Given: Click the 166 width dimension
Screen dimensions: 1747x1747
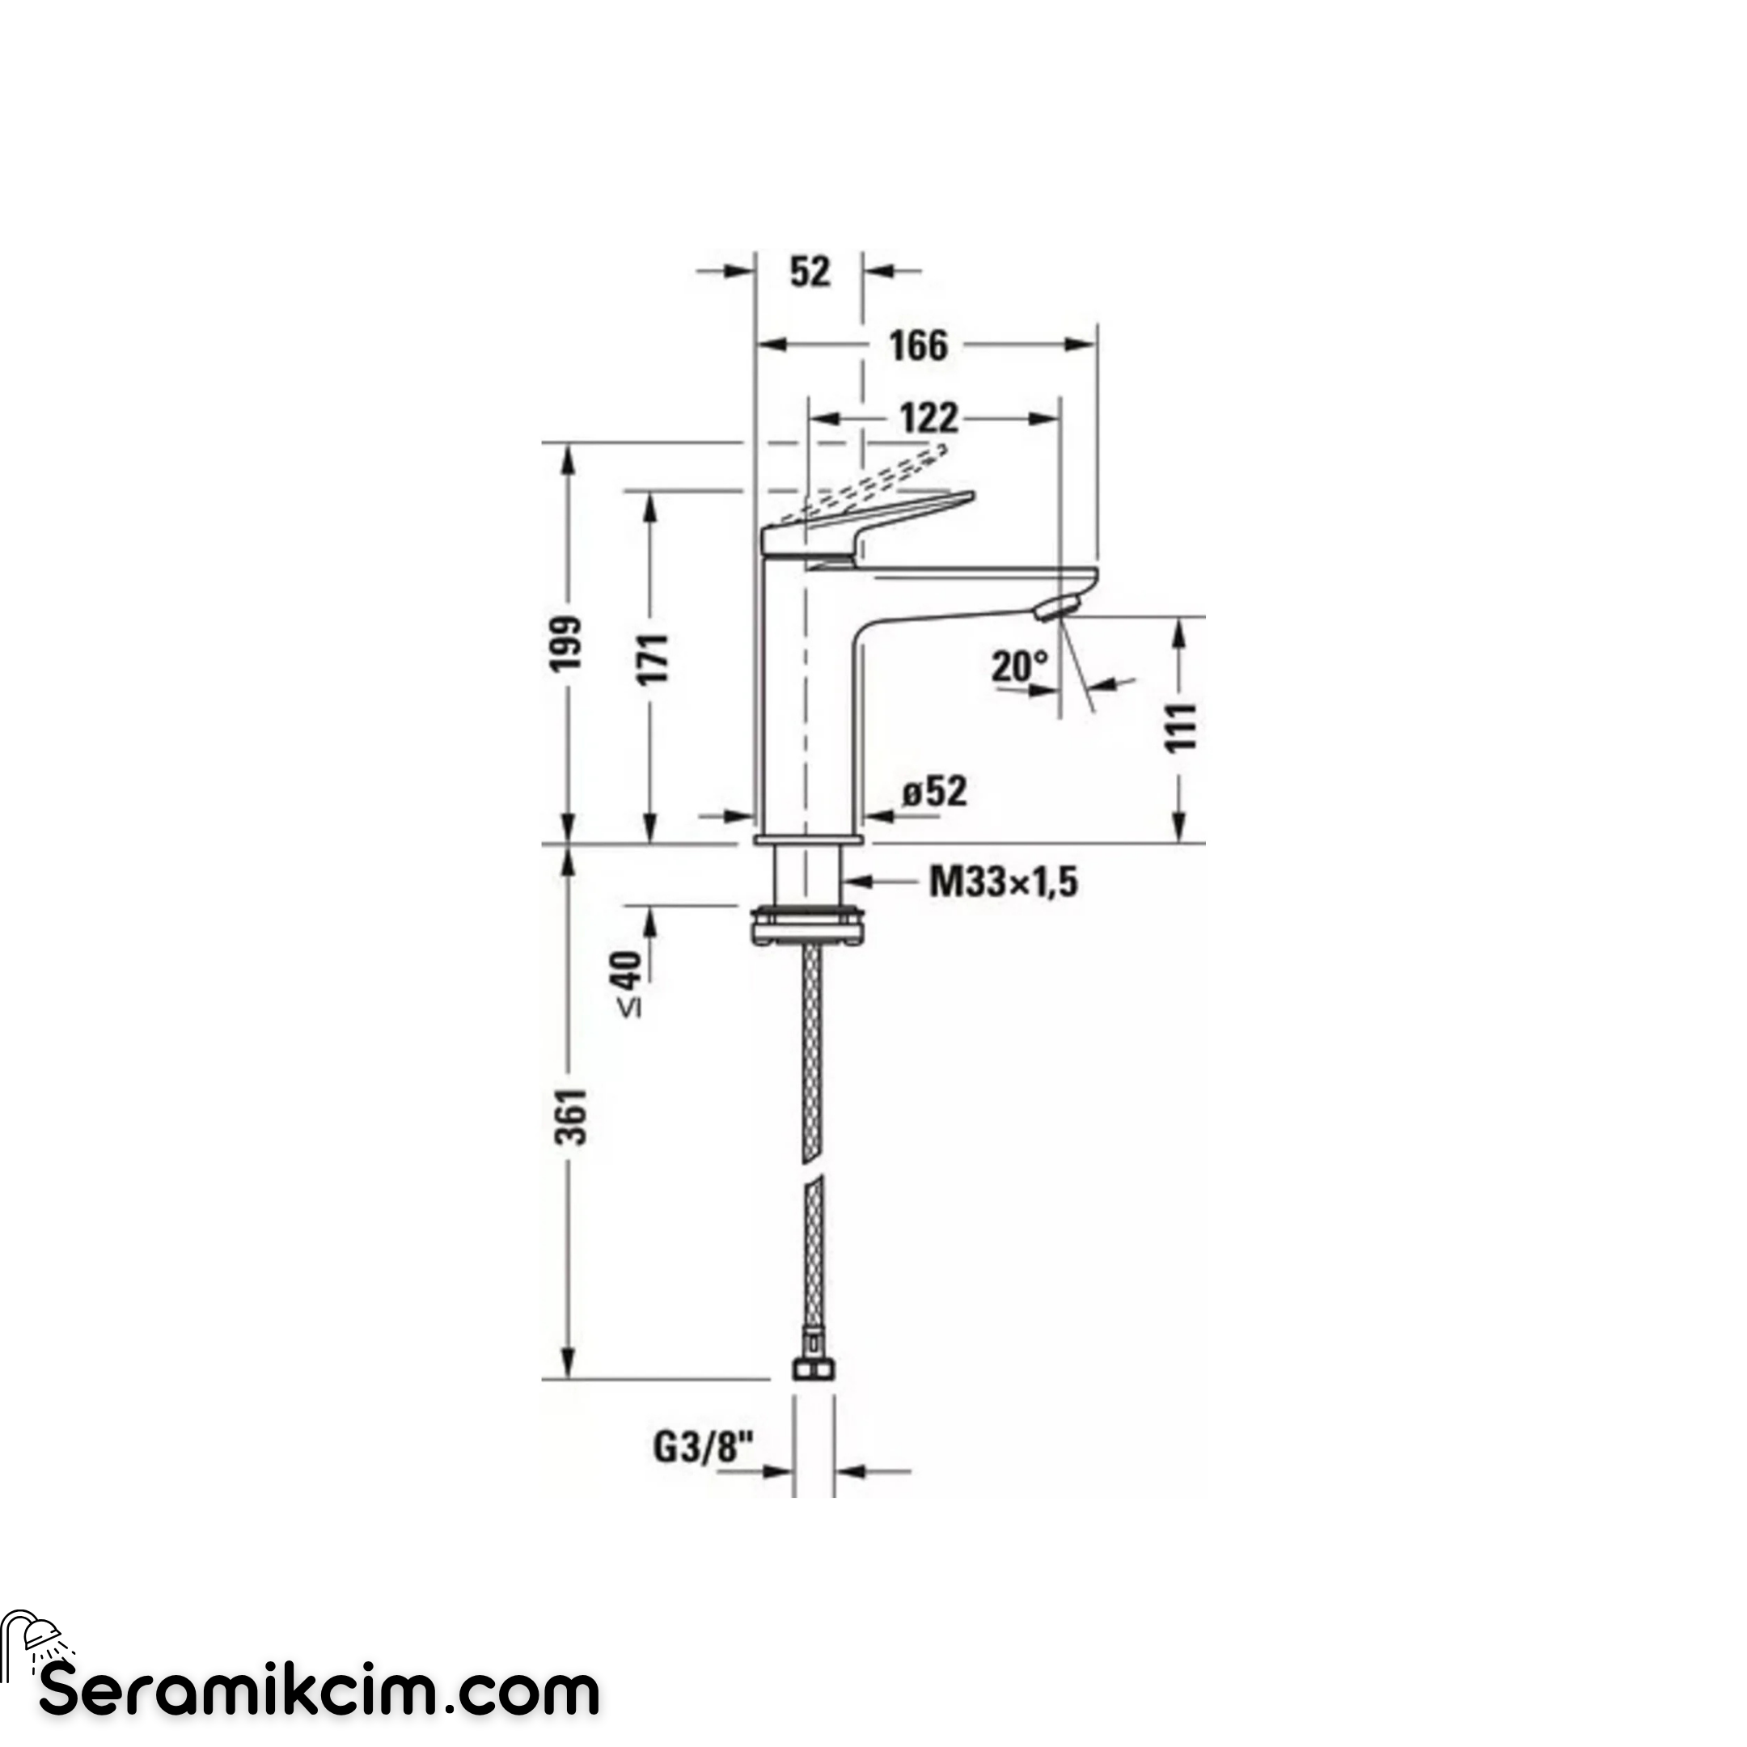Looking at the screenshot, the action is (x=918, y=345).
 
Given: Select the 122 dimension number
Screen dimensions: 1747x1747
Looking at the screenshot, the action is (x=928, y=419).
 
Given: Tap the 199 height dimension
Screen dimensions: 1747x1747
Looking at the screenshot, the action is (x=567, y=644).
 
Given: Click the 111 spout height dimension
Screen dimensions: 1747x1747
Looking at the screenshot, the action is (x=1179, y=727).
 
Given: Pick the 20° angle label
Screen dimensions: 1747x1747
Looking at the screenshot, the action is (x=1019, y=666).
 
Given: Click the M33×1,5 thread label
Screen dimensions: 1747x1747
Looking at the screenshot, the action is (x=1004, y=882).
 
